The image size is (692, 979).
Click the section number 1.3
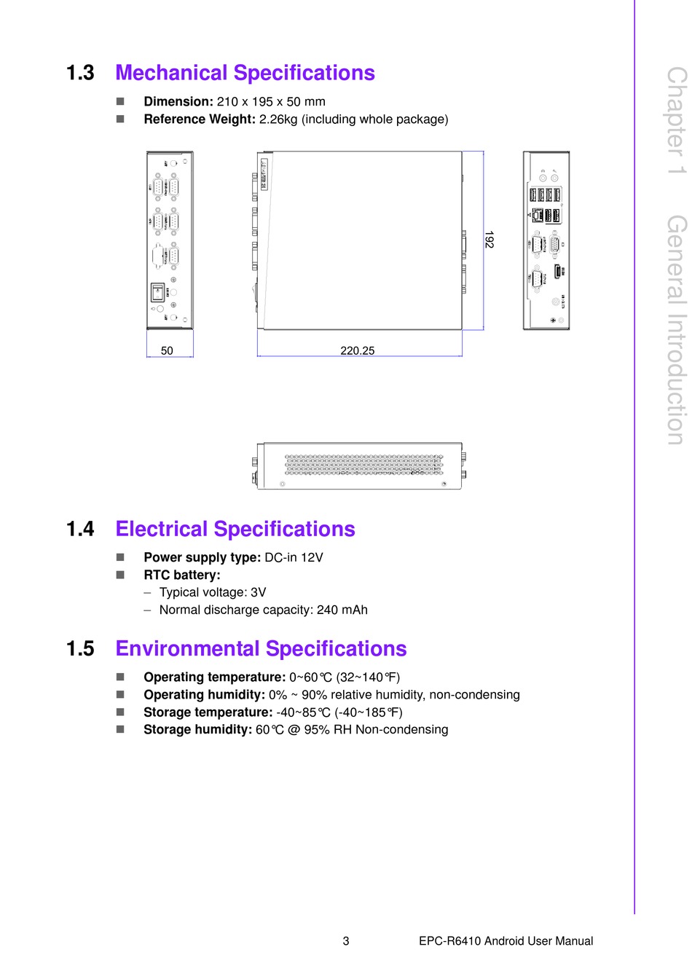pyautogui.click(x=80, y=73)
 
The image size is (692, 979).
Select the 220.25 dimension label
pyautogui.click(x=358, y=350)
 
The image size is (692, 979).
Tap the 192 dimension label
pyautogui.click(x=489, y=240)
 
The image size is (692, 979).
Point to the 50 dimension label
pyautogui.click(x=167, y=350)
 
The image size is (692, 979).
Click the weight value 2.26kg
pyautogui.click(x=278, y=119)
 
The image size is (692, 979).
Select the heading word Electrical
pyautogui.click(x=162, y=529)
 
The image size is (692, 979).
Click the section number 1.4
pyautogui.click(x=80, y=529)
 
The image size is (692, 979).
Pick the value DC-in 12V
pyautogui.click(x=294, y=558)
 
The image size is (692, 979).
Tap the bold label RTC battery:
pyautogui.click(x=182, y=575)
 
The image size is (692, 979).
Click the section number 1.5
pyautogui.click(x=80, y=648)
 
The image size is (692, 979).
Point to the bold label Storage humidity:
pyautogui.click(x=197, y=730)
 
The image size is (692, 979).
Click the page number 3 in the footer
pyautogui.click(x=346, y=941)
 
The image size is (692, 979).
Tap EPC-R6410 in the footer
pyautogui.click(x=449, y=941)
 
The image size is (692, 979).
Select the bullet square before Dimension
pyautogui.click(x=120, y=102)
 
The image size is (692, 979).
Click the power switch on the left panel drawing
pyautogui.click(x=157, y=293)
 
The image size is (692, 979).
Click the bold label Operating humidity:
pyautogui.click(x=204, y=695)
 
